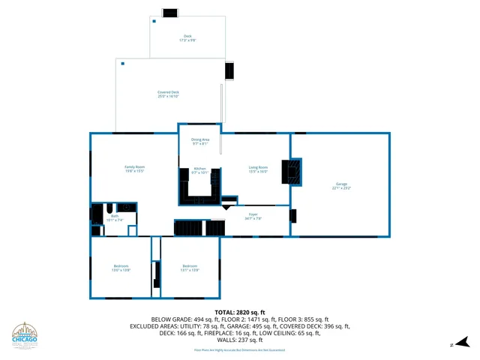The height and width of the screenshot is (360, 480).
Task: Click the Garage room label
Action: [x=341, y=186]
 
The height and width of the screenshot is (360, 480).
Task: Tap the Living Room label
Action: [x=258, y=169]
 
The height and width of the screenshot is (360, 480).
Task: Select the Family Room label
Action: [x=134, y=169]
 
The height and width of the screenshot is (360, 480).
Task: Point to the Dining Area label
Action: [x=199, y=141]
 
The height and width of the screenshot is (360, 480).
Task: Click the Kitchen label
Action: [x=199, y=170]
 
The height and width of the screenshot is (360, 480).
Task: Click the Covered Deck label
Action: [x=168, y=94]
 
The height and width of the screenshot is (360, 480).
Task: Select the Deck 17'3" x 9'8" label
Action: [x=187, y=38]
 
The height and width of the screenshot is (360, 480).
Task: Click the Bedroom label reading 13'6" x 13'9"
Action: [x=121, y=268]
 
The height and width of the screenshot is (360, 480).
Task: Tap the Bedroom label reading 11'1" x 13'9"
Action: [x=190, y=268]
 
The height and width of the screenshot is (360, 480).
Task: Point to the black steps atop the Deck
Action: [x=171, y=12]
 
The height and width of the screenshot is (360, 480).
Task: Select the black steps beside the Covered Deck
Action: [x=229, y=70]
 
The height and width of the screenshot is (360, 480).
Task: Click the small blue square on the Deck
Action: [x=154, y=21]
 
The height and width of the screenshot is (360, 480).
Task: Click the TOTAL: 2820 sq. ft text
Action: [x=239, y=311]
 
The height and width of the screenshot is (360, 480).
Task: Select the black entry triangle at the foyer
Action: [x=227, y=206]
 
